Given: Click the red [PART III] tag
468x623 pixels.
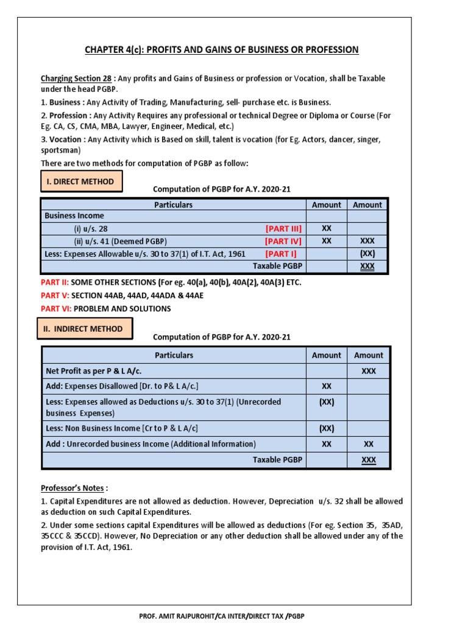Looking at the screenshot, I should tap(283, 228).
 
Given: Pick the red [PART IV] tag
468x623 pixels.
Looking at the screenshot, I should tap(283, 241).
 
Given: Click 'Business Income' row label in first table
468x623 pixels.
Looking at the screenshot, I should tap(74, 216).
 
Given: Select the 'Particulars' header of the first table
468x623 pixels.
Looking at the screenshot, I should tap(173, 205).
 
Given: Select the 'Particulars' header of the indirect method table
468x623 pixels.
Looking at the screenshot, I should tap(174, 355).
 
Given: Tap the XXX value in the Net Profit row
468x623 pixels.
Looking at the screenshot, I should tap(369, 371).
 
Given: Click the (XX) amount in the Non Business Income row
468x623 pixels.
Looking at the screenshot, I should tap(326, 428).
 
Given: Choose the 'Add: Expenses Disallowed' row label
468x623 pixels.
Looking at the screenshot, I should tap(122, 386).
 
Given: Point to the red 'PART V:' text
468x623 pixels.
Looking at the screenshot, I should tap(54, 296).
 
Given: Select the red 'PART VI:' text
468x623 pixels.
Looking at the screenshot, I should tap(55, 308).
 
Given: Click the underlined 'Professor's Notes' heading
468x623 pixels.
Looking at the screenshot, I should tap(74, 488).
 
